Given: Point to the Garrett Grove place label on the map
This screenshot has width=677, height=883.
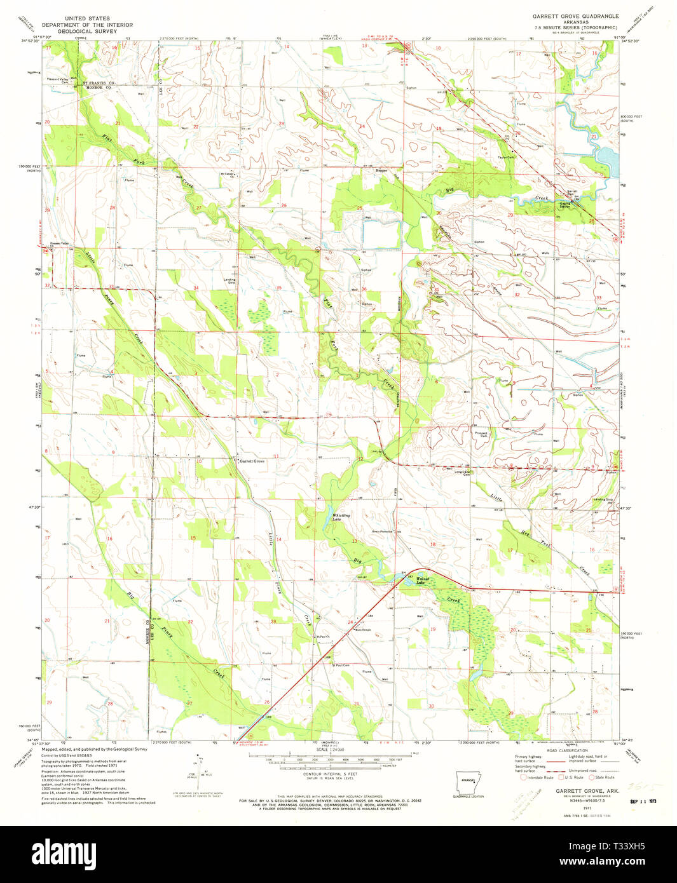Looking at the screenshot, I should (252, 461).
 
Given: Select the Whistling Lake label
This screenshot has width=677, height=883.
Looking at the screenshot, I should (341, 517).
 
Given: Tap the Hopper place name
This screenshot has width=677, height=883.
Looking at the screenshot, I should (381, 170).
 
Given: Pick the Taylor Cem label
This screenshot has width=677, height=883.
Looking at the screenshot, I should (506, 157).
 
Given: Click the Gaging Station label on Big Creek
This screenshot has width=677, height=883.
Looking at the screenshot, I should (564, 205).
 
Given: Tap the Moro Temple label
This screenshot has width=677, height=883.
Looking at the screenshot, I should (363, 630).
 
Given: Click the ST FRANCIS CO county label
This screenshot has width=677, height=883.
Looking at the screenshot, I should (95, 83).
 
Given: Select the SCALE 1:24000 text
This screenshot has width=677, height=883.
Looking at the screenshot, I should (329, 750).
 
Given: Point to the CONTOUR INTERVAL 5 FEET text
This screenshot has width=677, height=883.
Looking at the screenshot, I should (329, 774).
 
